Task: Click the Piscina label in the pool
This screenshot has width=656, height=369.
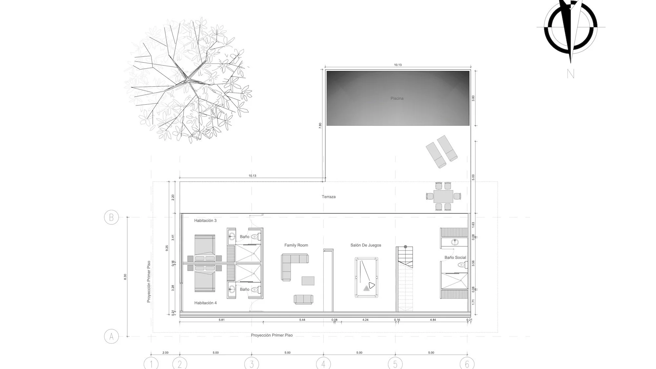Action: [397, 98]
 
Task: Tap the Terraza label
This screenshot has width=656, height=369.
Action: [328, 197]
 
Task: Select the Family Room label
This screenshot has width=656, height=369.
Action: [296, 245]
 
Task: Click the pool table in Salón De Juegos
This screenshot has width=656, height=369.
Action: [366, 277]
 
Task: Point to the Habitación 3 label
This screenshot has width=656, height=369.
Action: [205, 221]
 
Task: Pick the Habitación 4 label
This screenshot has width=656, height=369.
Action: [205, 303]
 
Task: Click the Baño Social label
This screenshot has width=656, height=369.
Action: [455, 257]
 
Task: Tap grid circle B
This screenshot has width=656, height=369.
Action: [111, 217]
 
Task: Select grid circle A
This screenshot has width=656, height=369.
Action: [111, 337]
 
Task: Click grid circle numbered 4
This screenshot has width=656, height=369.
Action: [323, 363]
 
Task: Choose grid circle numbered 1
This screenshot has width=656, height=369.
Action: [151, 363]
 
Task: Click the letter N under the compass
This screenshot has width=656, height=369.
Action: [570, 74]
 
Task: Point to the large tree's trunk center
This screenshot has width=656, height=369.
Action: [187, 79]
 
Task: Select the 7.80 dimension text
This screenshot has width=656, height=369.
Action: [320, 126]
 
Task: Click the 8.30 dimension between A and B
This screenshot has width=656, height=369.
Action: [125, 277]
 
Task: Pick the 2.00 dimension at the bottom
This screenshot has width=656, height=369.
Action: [165, 353]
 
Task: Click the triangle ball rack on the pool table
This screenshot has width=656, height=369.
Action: [371, 285]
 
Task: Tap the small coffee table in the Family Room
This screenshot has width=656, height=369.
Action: [308, 281]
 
